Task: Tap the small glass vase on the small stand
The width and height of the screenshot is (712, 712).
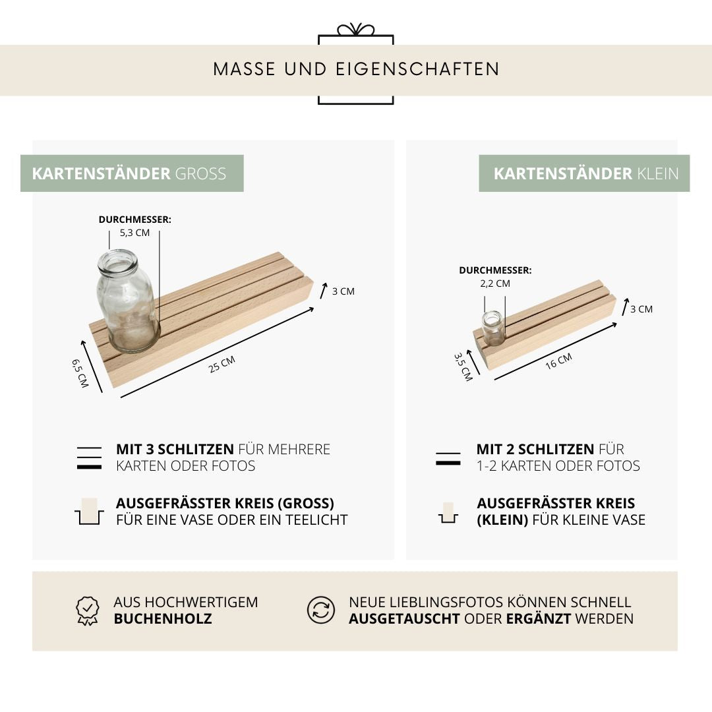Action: (x=492, y=328)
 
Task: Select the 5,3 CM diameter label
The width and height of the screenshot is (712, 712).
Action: (x=134, y=233)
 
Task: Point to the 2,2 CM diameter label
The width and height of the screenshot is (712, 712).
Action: (x=494, y=283)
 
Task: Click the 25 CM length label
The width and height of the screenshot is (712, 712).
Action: (x=222, y=364)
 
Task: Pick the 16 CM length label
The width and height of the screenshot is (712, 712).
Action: (x=558, y=361)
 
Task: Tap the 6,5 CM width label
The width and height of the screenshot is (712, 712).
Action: (x=80, y=372)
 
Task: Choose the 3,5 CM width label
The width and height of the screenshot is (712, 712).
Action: (x=463, y=367)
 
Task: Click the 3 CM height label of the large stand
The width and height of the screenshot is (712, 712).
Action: (x=343, y=291)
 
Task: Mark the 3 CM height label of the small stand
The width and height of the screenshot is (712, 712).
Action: (x=641, y=309)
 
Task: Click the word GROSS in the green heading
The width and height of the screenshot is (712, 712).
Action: (x=200, y=174)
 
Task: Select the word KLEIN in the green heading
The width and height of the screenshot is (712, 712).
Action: (x=658, y=174)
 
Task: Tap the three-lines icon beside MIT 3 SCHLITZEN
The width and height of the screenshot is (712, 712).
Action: (x=89, y=458)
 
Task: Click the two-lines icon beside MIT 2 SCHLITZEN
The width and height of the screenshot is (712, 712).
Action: (x=448, y=459)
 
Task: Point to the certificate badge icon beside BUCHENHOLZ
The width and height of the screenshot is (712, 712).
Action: (x=88, y=610)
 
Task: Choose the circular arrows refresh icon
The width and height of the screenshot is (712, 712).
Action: (x=321, y=610)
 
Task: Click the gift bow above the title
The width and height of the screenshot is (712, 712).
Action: (x=355, y=30)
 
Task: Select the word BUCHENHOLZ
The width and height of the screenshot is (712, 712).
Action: (x=163, y=619)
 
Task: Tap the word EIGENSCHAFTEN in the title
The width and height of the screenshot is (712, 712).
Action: (x=418, y=69)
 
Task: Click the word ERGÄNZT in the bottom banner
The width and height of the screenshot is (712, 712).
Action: (x=538, y=619)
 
